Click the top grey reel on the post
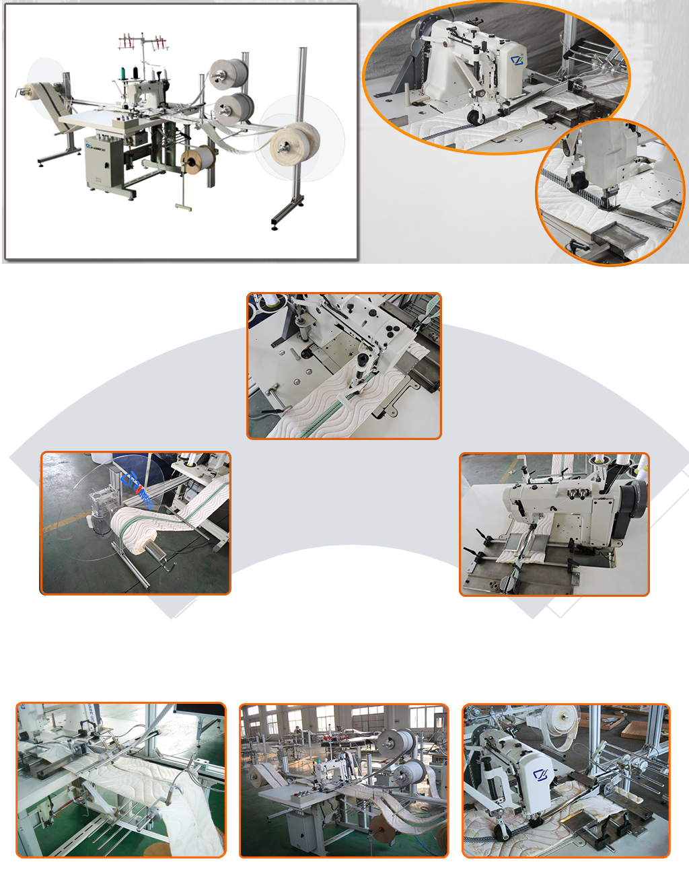click(229, 75)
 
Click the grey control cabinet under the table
click(103, 162)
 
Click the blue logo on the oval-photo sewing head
click(517, 61)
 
